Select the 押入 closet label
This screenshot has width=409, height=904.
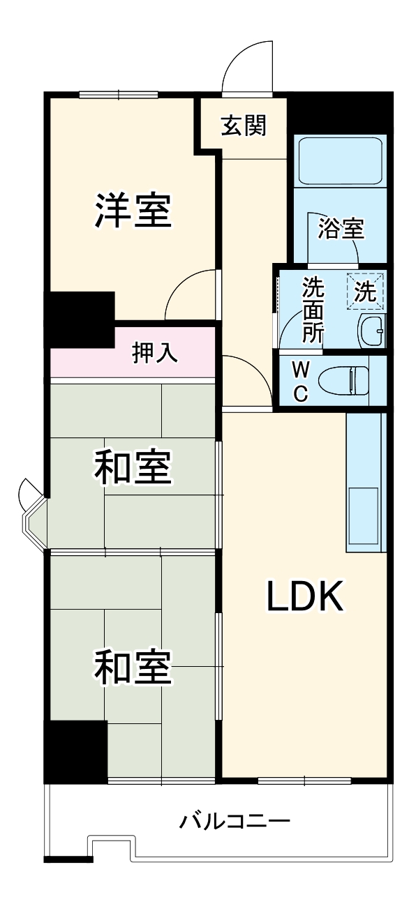point(155,353)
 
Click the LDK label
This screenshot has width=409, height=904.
point(304,596)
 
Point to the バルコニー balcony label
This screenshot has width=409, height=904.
point(234,821)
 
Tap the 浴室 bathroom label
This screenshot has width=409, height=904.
point(341,229)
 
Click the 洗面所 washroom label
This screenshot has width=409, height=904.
point(313,310)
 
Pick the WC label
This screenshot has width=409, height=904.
point(299,381)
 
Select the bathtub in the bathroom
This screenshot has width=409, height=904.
point(340,161)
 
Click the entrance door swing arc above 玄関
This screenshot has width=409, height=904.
point(246,63)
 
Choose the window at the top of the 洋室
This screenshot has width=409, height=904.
point(119,96)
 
